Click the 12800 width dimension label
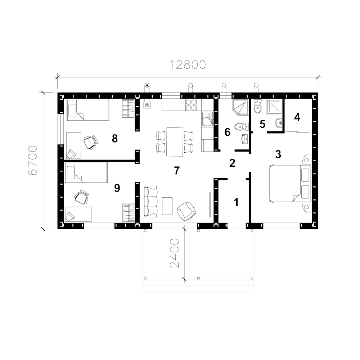188,65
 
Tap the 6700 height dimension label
33,161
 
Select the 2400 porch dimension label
174,253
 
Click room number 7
176,171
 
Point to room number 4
297,117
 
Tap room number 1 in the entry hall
236,202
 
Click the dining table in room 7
175,141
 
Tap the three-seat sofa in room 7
150,201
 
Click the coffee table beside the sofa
167,206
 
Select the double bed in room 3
289,183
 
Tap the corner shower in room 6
240,107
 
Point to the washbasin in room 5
279,123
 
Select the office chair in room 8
90,142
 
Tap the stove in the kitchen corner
147,105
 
